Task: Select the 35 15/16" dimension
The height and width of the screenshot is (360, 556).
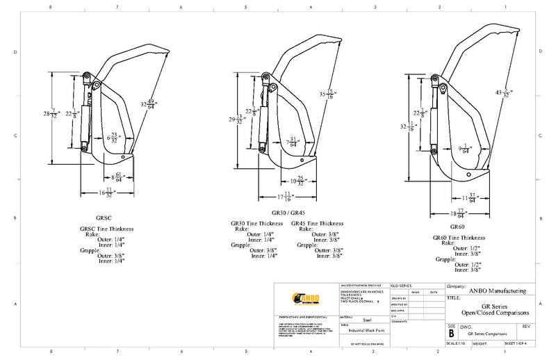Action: (x=327, y=94)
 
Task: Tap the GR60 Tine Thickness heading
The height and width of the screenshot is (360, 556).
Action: (x=459, y=237)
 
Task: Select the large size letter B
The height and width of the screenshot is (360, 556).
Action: (x=451, y=332)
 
